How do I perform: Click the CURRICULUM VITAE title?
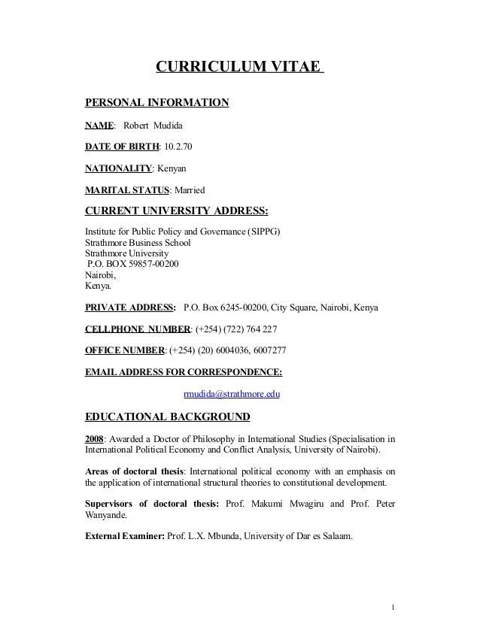238,68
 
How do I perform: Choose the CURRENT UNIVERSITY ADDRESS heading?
177,208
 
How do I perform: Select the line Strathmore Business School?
138,243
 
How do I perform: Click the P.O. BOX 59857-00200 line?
133,265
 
